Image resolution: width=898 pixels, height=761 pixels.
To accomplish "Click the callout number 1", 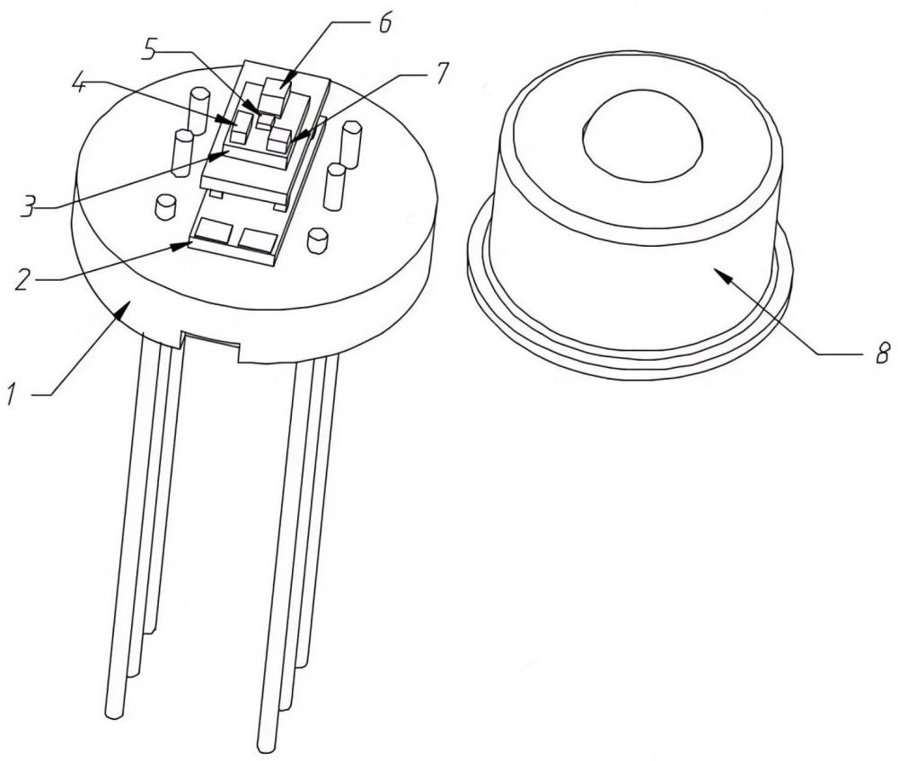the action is pyautogui.click(x=12, y=394).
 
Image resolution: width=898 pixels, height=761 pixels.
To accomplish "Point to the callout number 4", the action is pyautogui.click(x=80, y=83).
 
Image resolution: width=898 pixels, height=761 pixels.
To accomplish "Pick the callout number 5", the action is pyautogui.click(x=149, y=49).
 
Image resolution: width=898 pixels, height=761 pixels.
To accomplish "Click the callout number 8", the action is pyautogui.click(x=883, y=353).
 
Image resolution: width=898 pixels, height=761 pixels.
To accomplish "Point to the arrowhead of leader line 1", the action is pyautogui.click(x=122, y=310).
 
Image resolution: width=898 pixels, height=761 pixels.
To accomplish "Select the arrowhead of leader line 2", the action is pyautogui.click(x=181, y=245).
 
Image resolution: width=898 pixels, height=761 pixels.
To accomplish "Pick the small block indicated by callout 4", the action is pyautogui.click(x=242, y=127).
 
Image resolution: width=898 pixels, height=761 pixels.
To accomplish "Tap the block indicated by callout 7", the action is pyautogui.click(x=279, y=140).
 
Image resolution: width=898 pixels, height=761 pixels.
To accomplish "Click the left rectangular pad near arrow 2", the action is pyautogui.click(x=213, y=232).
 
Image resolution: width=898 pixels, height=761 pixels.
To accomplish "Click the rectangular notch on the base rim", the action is pyautogui.click(x=209, y=346).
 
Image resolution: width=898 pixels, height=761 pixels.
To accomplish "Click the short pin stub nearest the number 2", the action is pyautogui.click(x=166, y=206).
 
